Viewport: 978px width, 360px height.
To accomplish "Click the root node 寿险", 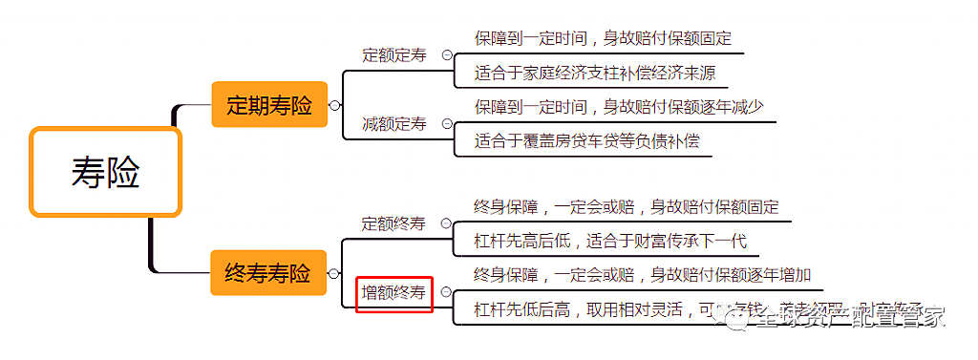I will tap(105, 173).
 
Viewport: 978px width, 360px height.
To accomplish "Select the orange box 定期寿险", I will tap(268, 105).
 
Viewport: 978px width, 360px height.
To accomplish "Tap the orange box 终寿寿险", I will tap(267, 274).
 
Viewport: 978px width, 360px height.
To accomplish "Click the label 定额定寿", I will tap(394, 55).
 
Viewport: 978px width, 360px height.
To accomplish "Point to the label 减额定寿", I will tap(394, 124).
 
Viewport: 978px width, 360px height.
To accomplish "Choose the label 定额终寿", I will tap(393, 223).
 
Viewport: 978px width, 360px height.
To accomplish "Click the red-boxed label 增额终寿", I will tap(394, 292).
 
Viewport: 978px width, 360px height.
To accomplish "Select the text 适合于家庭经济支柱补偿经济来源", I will tap(595, 73).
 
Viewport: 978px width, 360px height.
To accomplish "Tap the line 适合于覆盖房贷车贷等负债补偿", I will tap(586, 141).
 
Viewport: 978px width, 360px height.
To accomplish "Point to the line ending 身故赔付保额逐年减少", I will tap(619, 106).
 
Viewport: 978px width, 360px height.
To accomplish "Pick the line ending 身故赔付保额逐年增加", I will tap(642, 275).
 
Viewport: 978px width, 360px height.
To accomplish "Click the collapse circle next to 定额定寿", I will tap(446, 55).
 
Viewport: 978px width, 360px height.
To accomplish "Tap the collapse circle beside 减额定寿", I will tap(446, 124).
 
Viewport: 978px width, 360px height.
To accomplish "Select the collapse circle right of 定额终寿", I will tap(446, 223).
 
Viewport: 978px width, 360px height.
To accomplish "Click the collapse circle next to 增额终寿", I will tap(446, 292).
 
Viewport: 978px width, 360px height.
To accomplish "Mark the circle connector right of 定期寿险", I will tap(334, 105).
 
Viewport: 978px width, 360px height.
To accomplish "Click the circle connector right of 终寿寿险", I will tap(334, 274).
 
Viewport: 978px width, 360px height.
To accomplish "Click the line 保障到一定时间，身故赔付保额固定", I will tap(603, 38).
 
